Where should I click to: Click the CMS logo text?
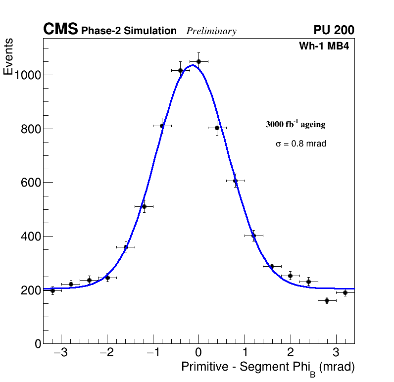60,30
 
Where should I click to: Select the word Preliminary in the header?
211,31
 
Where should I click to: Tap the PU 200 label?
334,30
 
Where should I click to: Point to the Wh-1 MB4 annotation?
324,47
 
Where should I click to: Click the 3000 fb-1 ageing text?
295,124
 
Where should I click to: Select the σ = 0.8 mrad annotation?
301,144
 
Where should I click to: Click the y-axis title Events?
8,56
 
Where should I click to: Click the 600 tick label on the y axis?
30,183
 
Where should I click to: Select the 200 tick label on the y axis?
30,290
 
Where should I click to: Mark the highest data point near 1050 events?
198,61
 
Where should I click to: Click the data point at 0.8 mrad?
235,181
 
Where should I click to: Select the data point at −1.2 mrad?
144,206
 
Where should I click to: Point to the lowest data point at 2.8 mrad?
327,300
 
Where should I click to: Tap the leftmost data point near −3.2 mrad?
52,290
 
